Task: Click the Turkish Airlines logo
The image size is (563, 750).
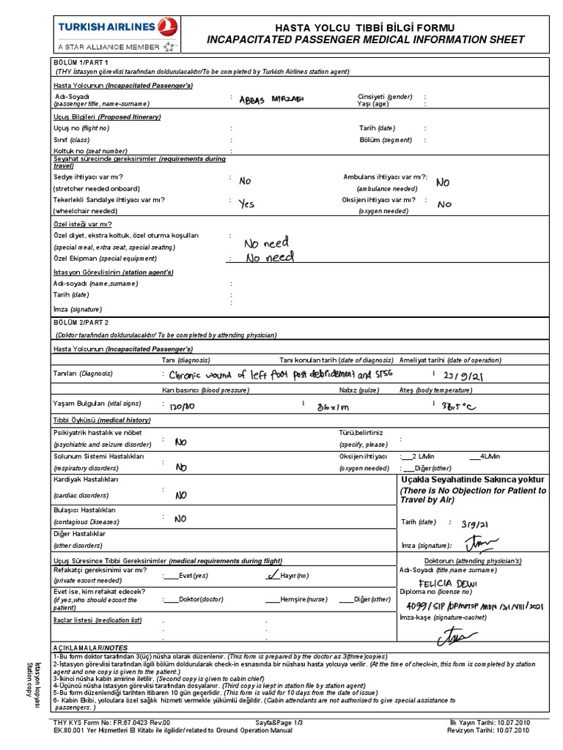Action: click(117, 34)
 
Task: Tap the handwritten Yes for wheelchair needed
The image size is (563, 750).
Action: click(246, 204)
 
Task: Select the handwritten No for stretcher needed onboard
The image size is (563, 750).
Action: click(245, 181)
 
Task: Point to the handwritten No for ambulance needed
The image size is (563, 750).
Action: click(444, 182)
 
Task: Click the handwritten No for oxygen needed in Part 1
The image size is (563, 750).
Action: click(445, 205)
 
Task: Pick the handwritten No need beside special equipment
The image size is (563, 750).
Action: click(269, 258)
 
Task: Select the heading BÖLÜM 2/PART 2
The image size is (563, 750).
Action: click(81, 322)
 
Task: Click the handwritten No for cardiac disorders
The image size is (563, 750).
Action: click(181, 496)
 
